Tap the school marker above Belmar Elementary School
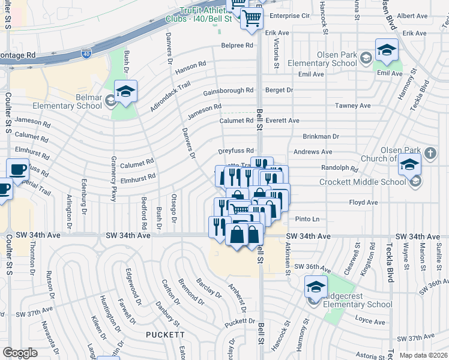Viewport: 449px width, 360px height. (x=125, y=92)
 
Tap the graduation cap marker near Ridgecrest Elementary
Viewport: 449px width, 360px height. (x=316, y=286)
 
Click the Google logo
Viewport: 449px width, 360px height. (x=20, y=353)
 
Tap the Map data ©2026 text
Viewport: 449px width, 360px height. (x=423, y=355)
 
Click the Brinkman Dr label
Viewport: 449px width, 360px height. (x=321, y=136)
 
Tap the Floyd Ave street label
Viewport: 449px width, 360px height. (x=363, y=203)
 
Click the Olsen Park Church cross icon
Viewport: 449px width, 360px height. (x=430, y=153)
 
